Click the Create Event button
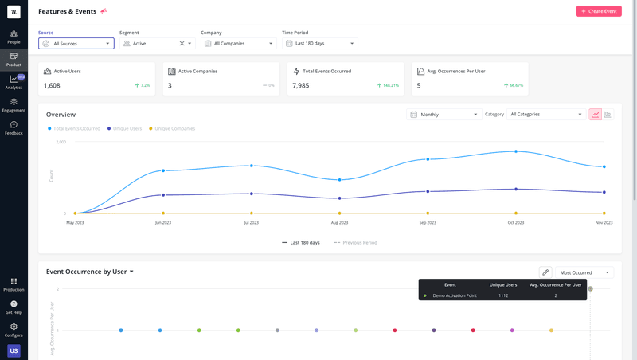[599, 11]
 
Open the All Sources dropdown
[76, 44]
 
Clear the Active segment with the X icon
[182, 44]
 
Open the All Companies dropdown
[238, 44]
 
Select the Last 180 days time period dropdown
[319, 44]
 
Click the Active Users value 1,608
[52, 85]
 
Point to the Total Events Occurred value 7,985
[301, 85]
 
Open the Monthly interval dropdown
[444, 115]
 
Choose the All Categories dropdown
[546, 115]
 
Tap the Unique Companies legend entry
[174, 128]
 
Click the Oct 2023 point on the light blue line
[516, 151]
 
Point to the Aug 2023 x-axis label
[339, 223]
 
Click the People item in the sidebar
[14, 37]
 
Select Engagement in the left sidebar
[14, 105]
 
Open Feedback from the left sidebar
[14, 127]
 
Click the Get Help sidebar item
[14, 307]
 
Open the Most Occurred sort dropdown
[584, 272]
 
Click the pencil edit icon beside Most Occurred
[545, 272]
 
